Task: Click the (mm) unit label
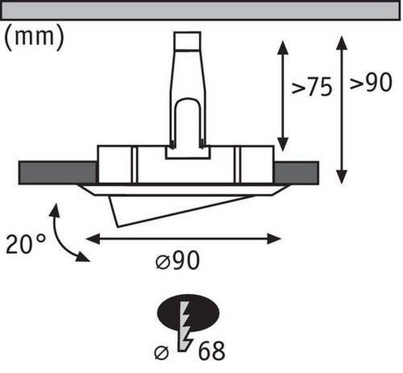click(34, 37)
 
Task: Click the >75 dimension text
click(312, 87)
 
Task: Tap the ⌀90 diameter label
click(178, 261)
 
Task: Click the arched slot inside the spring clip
click(187, 121)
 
